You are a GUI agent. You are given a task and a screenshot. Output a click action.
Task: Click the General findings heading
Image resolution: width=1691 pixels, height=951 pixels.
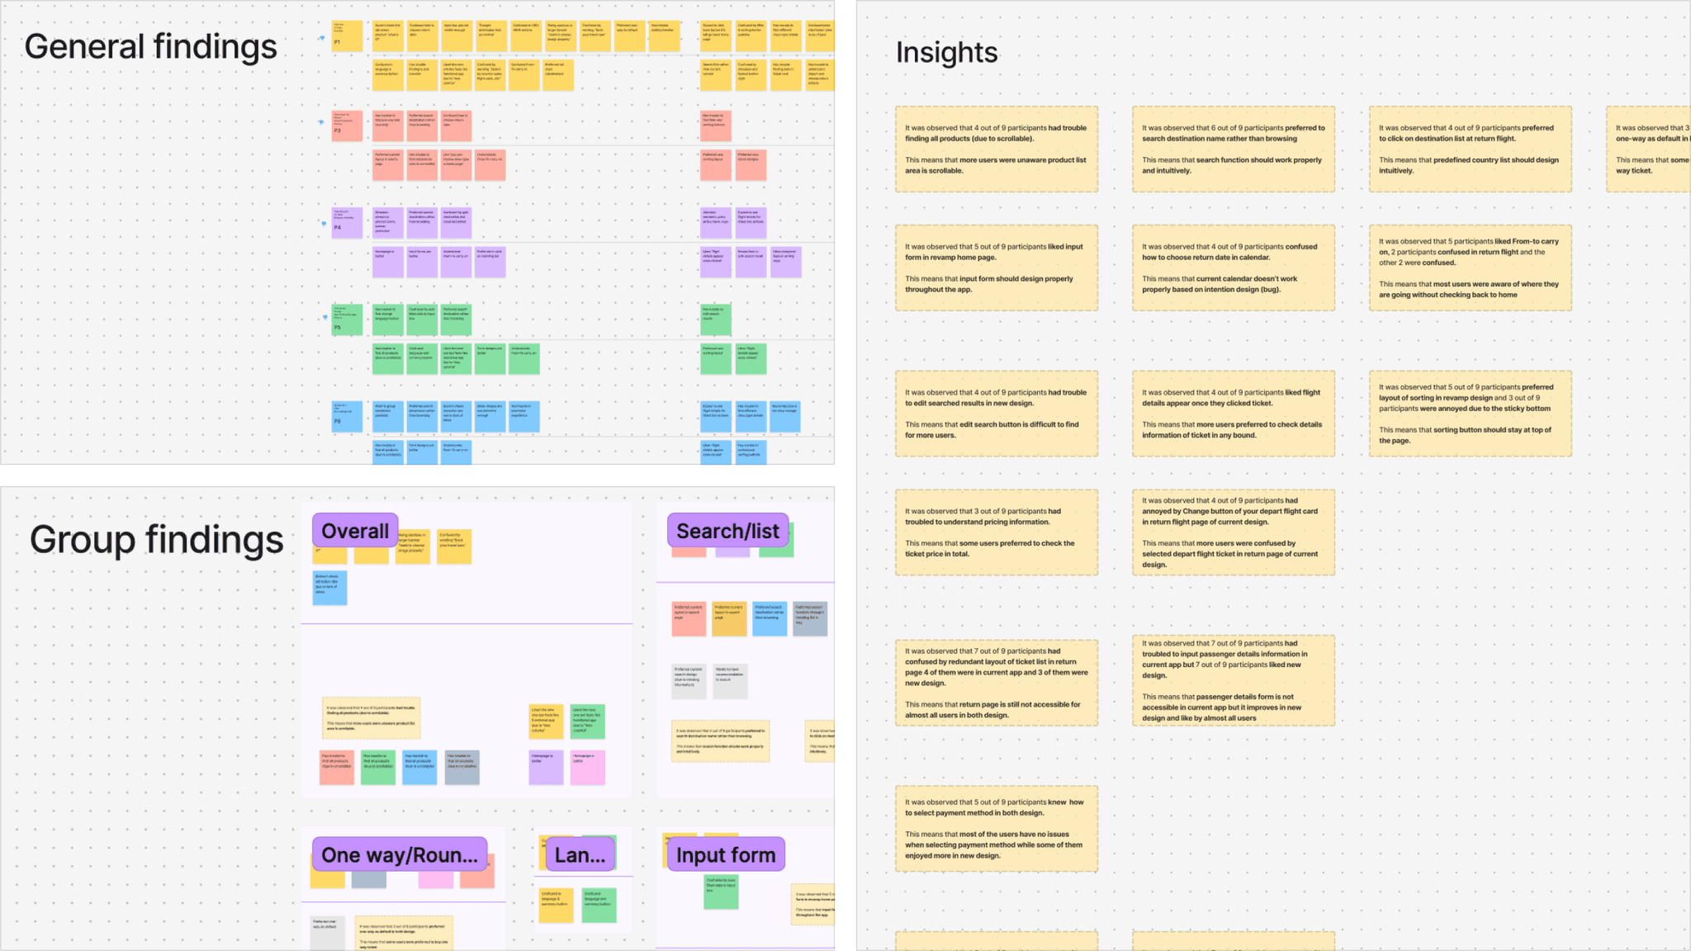click(x=150, y=47)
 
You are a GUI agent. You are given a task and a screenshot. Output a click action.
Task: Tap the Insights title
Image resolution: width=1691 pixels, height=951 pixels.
click(x=946, y=53)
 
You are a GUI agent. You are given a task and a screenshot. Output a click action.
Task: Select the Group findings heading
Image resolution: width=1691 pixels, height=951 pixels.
click(x=156, y=540)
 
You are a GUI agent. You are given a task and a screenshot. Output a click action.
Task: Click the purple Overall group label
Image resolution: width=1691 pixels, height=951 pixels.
click(x=355, y=531)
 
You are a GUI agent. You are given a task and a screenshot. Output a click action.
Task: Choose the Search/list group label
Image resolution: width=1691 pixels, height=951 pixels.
click(x=727, y=531)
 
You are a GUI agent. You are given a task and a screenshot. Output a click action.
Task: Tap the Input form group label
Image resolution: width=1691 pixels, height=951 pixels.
click(x=726, y=855)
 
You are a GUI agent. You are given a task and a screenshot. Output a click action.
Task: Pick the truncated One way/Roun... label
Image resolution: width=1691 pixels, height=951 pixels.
click(x=400, y=855)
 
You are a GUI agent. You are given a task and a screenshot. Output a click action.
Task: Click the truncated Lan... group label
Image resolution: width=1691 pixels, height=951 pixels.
click(x=580, y=855)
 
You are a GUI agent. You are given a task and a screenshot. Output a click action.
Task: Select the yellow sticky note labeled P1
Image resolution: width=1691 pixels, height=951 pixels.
click(x=347, y=36)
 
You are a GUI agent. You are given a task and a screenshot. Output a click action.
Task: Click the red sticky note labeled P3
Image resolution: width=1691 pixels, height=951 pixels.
click(x=347, y=125)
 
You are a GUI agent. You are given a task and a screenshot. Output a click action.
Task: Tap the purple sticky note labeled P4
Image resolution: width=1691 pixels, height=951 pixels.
click(x=347, y=222)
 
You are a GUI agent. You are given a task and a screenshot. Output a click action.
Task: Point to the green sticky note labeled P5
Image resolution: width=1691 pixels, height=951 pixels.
click(x=347, y=319)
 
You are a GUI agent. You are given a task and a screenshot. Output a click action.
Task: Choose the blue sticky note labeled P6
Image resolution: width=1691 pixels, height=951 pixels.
click(x=347, y=416)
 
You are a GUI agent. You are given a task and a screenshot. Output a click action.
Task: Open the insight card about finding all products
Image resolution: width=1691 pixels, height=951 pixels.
click(x=996, y=149)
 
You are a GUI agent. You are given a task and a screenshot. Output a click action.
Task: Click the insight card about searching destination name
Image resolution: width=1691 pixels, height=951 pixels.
click(x=1233, y=149)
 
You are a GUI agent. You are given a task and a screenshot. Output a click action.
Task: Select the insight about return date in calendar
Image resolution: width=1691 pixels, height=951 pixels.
click(x=1233, y=268)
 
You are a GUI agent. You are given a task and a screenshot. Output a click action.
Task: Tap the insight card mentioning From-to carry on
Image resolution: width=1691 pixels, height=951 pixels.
click(x=1470, y=268)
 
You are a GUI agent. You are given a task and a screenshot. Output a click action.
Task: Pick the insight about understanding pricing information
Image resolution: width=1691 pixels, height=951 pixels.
click(x=996, y=532)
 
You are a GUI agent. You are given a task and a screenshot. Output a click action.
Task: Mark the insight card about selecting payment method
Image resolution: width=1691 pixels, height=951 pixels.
click(x=996, y=829)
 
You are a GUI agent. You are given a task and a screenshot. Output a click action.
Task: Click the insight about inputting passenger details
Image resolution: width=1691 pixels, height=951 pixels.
click(x=1233, y=680)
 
